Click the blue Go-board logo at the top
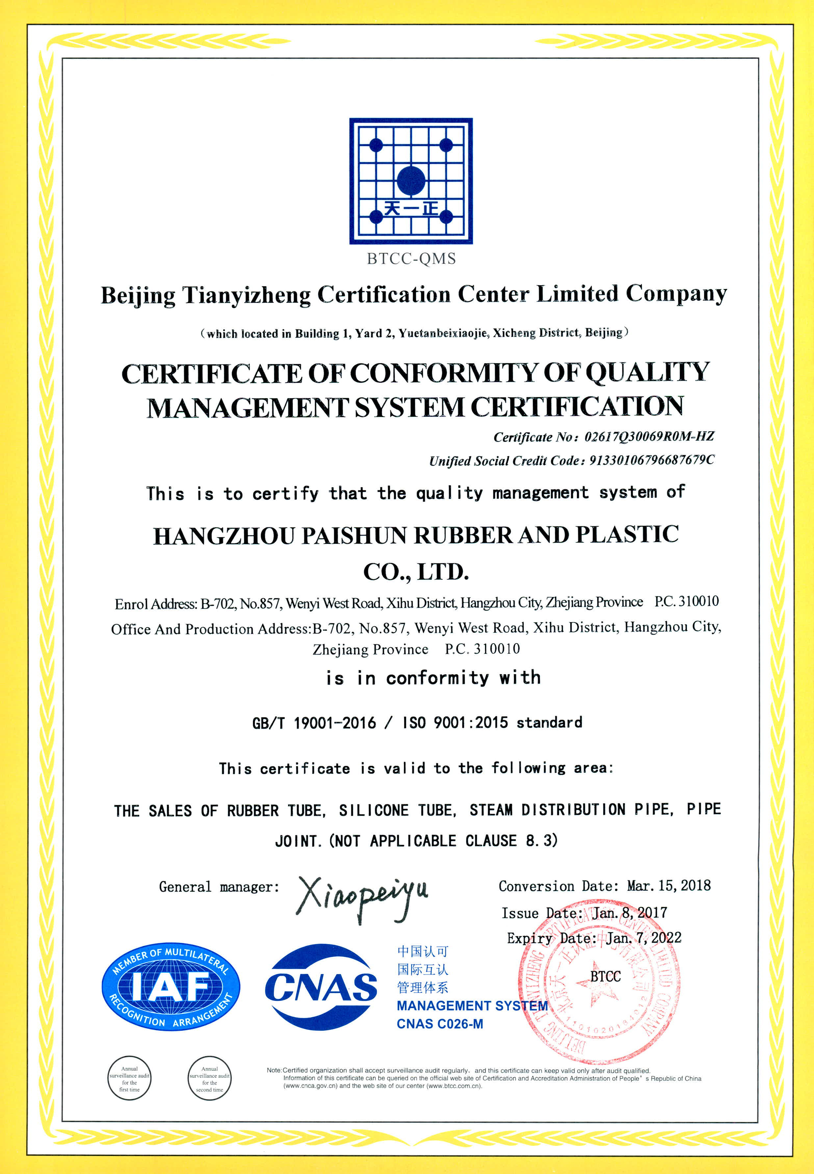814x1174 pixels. point(411,181)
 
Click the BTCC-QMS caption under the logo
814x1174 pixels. point(411,259)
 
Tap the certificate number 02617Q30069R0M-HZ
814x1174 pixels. point(649,437)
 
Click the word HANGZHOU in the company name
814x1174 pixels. point(224,536)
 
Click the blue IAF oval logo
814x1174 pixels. point(170,986)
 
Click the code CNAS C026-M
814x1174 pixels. point(440,1024)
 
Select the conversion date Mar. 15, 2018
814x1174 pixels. point(669,886)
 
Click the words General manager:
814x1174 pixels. point(219,887)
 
